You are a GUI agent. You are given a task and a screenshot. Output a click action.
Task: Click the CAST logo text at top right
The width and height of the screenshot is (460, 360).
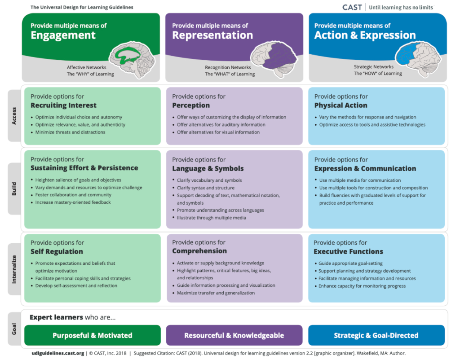tap(352, 7)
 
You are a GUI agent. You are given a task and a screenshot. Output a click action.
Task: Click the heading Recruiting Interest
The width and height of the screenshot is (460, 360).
tap(63, 105)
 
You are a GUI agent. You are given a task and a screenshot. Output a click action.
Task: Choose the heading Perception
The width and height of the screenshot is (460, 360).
tap(191, 105)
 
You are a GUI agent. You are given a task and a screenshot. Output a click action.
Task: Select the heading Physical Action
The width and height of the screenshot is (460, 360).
tap(341, 105)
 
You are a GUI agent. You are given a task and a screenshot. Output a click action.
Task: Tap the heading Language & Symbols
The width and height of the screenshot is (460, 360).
tap(208, 168)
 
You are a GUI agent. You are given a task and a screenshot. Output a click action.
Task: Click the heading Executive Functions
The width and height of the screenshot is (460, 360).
tap(348, 251)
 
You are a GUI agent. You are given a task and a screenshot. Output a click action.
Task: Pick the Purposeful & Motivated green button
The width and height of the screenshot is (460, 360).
tap(92, 335)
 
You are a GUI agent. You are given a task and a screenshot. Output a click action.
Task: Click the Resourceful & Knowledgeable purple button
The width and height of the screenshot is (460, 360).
tap(234, 335)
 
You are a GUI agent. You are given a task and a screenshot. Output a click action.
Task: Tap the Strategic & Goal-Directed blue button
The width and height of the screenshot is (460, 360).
tap(376, 335)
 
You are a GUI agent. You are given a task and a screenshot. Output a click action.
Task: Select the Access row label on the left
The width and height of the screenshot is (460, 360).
tap(14, 116)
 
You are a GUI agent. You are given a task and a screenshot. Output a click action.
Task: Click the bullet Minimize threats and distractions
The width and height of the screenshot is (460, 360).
tap(70, 132)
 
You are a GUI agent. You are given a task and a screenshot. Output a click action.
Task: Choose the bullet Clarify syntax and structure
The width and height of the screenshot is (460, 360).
tap(205, 188)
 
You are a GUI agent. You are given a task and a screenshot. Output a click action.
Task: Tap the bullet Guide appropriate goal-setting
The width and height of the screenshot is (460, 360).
tap(350, 263)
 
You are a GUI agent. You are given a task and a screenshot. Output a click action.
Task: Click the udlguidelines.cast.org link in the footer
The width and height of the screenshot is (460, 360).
tap(57, 353)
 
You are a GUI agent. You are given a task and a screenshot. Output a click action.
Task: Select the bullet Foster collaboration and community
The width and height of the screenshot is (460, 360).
tap(73, 195)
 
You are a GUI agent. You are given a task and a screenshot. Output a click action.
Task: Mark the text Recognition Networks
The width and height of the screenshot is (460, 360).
tap(228, 67)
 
